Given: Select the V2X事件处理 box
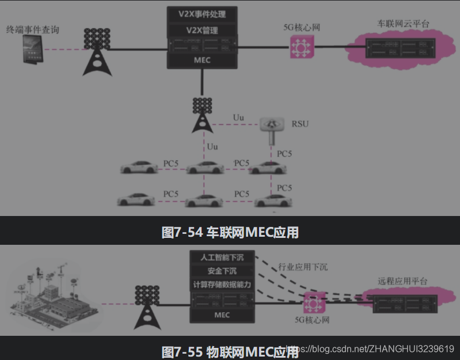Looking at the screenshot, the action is pyautogui.click(x=203, y=13).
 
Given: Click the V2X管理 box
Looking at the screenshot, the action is pyautogui.click(x=203, y=29).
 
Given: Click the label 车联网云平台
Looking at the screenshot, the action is pyautogui.click(x=403, y=24).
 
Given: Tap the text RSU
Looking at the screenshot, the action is pyautogui.click(x=300, y=123).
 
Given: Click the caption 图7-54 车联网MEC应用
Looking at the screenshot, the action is pyautogui.click(x=230, y=232).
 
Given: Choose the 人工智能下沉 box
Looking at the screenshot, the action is pyautogui.click(x=222, y=257).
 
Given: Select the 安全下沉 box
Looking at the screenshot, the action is pyautogui.click(x=222, y=271).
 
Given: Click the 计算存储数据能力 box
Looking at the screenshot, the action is pyautogui.click(x=222, y=285).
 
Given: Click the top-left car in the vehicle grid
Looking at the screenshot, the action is pyautogui.click(x=139, y=168).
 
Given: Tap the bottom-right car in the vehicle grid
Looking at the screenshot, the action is pyautogui.click(x=274, y=200).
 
